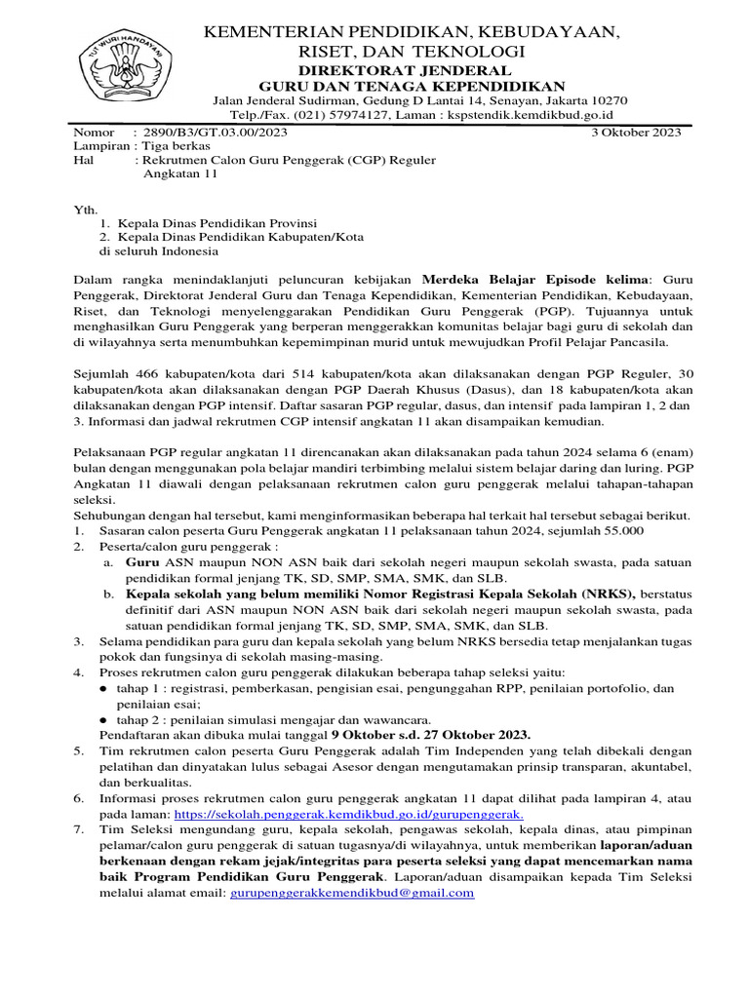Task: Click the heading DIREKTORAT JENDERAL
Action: [417, 70]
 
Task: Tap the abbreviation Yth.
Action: [86, 209]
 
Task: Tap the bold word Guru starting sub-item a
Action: [143, 562]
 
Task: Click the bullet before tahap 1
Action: [105, 688]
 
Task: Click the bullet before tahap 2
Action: [105, 719]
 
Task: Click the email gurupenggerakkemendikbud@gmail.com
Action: [352, 892]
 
